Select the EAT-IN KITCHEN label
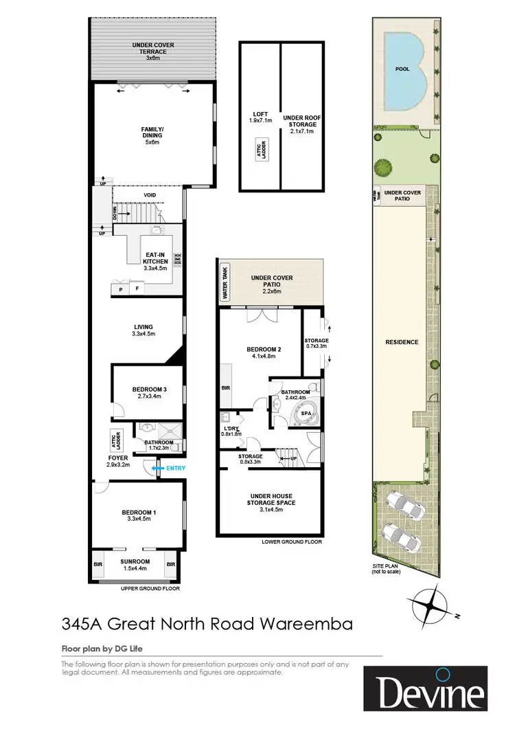tap(151, 261)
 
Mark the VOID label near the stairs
tap(150, 196)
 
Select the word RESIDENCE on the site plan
tap(402, 341)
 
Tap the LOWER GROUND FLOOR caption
tap(291, 541)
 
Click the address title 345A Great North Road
tap(207, 625)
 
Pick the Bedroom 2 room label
tap(261, 353)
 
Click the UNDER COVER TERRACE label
tap(152, 49)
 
